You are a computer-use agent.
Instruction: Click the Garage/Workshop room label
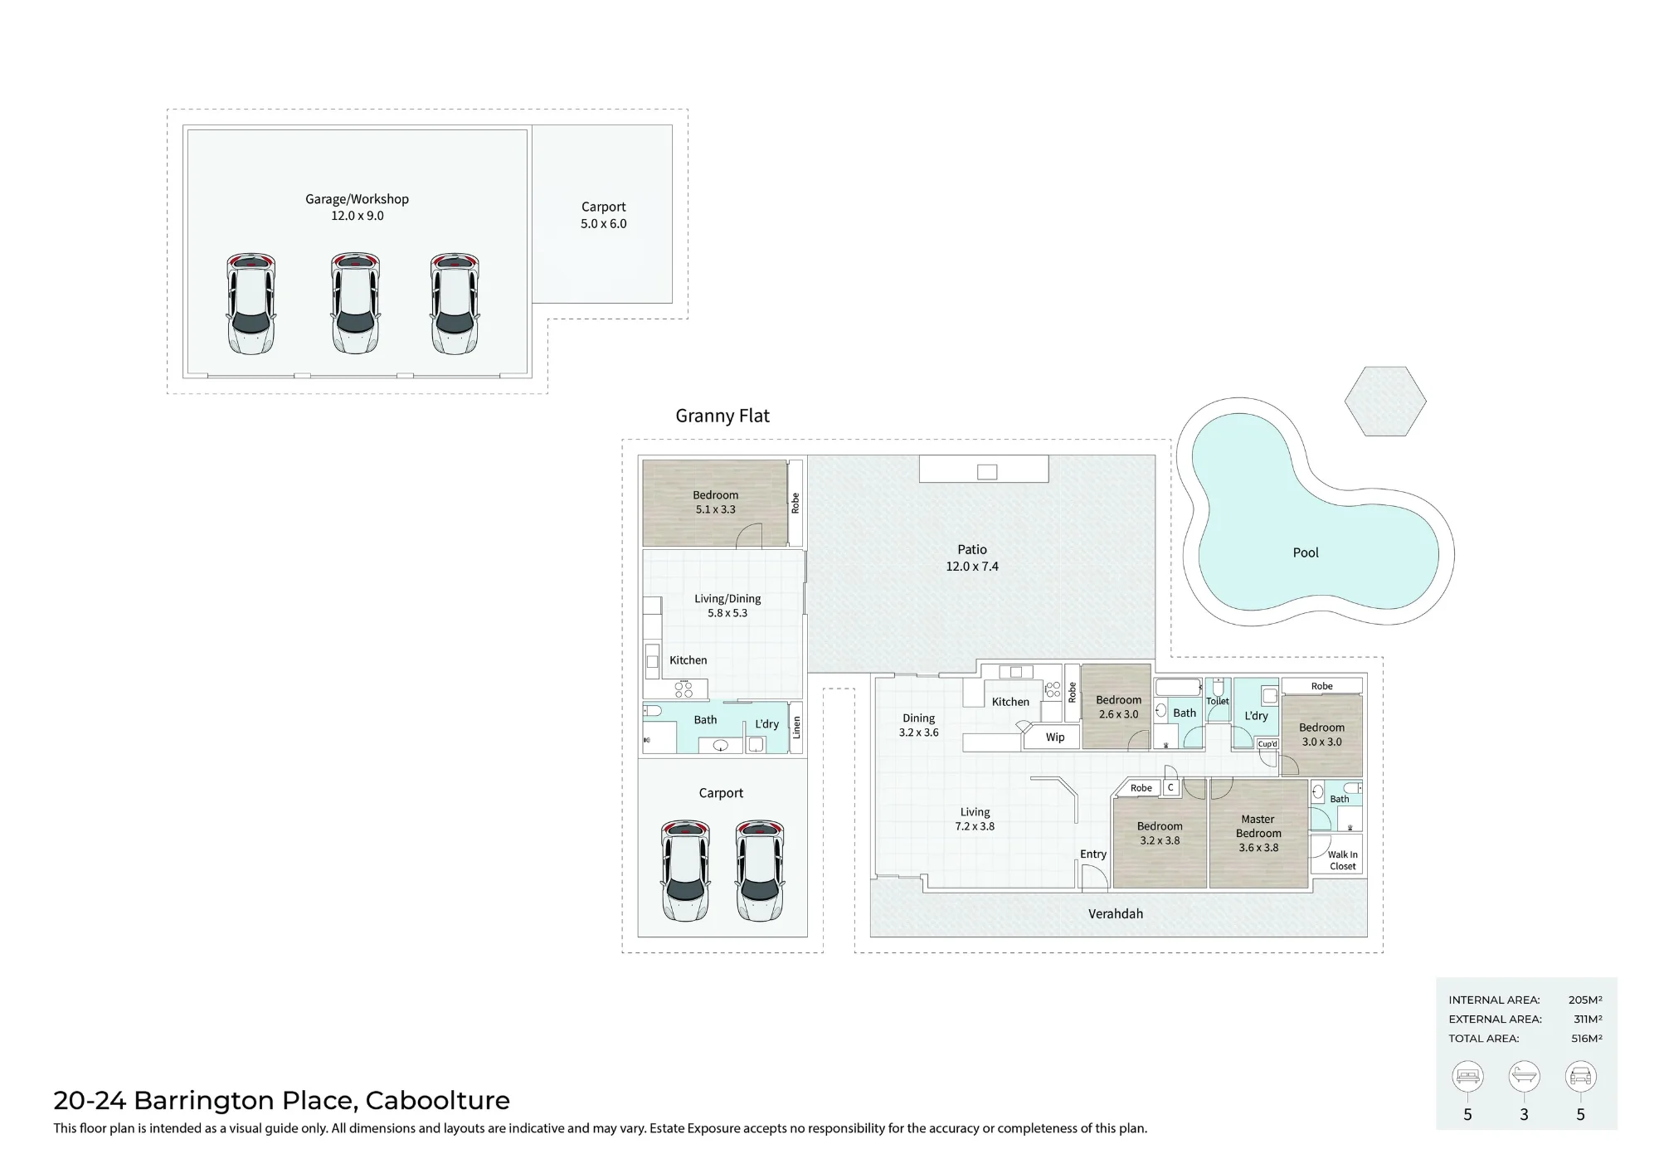(x=357, y=199)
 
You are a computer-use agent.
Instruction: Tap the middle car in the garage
(x=356, y=304)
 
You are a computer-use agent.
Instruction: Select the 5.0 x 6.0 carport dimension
(x=604, y=224)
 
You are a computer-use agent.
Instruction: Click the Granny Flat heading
(x=722, y=416)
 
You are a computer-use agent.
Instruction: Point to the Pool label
(x=1306, y=552)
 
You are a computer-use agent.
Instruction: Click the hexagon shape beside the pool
(x=1385, y=401)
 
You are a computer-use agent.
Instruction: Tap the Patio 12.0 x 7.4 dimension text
(x=972, y=567)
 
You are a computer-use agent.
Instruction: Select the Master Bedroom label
(x=1258, y=826)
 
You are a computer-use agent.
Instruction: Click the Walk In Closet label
(x=1343, y=860)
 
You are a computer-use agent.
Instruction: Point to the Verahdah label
(x=1116, y=914)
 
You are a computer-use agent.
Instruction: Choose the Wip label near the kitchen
(x=1055, y=737)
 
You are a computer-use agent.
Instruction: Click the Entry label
(x=1093, y=854)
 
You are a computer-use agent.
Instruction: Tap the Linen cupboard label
(x=796, y=728)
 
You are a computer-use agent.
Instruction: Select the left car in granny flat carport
(x=685, y=870)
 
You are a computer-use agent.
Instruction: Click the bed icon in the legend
(x=1467, y=1076)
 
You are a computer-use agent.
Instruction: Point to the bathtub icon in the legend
(x=1524, y=1076)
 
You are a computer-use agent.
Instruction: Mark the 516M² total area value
(x=1586, y=1039)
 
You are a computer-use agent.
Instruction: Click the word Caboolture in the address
(x=438, y=1101)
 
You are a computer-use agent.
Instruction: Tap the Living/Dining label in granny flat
(x=727, y=599)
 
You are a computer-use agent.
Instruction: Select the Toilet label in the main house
(x=1217, y=701)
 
